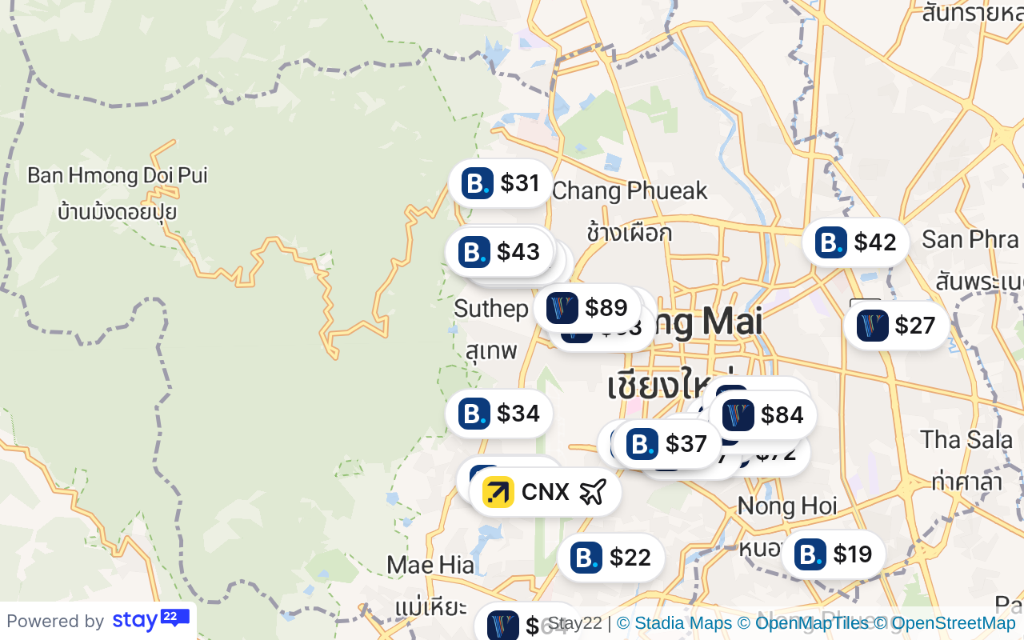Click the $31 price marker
coord(501,183)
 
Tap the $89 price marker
coord(588,308)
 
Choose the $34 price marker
coord(499,414)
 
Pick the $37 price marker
coord(667,443)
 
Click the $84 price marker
coord(763,415)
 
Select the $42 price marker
coord(856,242)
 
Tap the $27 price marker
coord(897,326)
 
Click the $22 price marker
coord(611,558)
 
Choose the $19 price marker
coord(834,554)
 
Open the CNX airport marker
coord(545,492)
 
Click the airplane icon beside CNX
coord(592,492)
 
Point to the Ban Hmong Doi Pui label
coord(118,175)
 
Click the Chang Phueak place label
coord(630,191)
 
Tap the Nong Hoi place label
coord(787,506)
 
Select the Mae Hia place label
coord(430,566)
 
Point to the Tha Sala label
coord(961,439)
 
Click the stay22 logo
coord(150,620)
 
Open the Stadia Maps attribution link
coord(674,623)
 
